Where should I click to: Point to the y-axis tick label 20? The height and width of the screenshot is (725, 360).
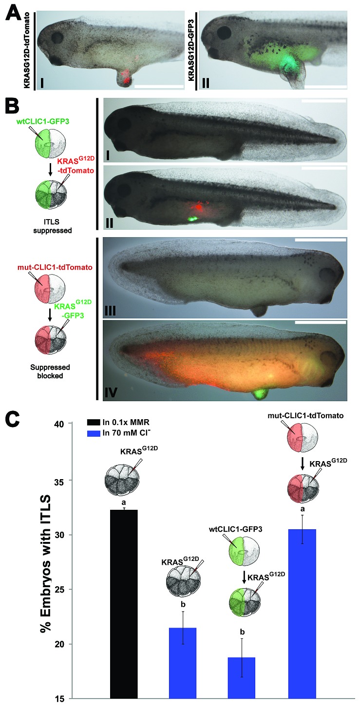pos(59,644)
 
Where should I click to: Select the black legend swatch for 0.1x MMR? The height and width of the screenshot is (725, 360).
pos(94,422)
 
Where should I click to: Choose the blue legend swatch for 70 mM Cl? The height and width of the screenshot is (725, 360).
pos(94,433)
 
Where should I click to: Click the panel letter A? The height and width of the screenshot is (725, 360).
pos(14,13)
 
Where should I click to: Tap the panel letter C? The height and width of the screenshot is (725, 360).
pos(13,420)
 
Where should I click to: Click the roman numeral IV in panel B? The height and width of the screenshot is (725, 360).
pos(111,392)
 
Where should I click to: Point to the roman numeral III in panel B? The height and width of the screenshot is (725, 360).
pos(111,311)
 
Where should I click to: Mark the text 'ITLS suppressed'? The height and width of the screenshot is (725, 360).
pos(52,226)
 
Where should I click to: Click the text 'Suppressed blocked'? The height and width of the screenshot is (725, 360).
pos(50,372)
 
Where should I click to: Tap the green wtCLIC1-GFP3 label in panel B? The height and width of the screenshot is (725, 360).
pos(43,122)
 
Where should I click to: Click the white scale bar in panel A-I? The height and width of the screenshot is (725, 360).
pos(158,87)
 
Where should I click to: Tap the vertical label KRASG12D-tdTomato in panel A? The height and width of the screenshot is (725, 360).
pos(27,50)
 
